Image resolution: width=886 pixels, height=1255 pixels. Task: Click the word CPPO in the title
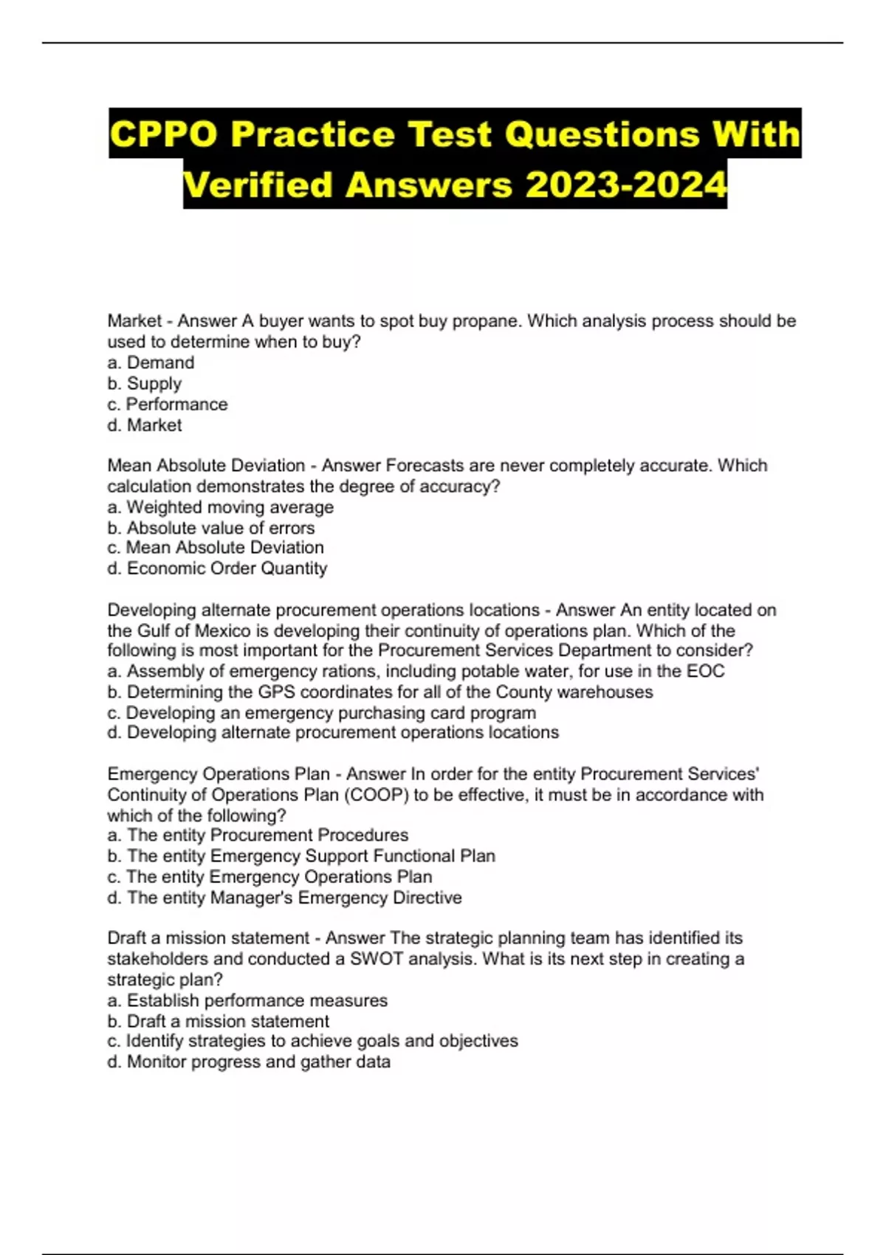tap(163, 134)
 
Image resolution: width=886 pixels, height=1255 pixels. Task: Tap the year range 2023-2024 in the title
tap(625, 185)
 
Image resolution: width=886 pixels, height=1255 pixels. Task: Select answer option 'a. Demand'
tap(151, 362)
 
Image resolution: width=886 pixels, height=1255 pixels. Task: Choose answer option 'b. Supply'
tap(144, 383)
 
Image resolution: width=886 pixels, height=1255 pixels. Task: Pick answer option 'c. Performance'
tap(167, 404)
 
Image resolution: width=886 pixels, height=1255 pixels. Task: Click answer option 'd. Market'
tap(144, 424)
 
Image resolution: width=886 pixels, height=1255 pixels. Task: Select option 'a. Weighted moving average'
tap(220, 507)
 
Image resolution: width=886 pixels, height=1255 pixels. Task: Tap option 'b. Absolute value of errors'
tap(210, 528)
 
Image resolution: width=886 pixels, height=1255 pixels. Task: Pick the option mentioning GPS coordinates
tap(380, 692)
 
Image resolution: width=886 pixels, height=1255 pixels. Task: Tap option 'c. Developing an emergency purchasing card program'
tap(321, 712)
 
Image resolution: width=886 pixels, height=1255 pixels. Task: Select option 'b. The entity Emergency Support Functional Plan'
tap(301, 856)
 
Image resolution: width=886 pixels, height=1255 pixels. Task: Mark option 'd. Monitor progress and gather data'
tap(248, 1062)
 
